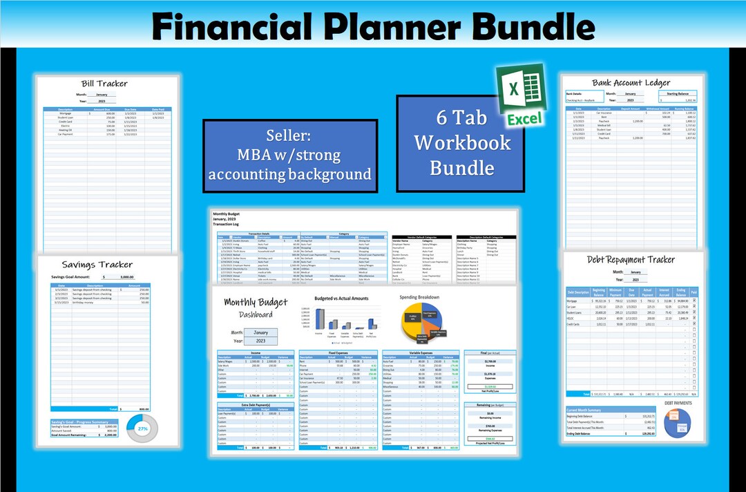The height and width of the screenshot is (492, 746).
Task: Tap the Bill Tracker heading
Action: point(104,84)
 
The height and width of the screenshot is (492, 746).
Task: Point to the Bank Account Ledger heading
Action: point(631,84)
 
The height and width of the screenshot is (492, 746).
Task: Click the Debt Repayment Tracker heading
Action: point(631,260)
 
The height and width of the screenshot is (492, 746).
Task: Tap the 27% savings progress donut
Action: point(144,429)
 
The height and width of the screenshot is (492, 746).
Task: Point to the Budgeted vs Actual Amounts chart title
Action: point(341,299)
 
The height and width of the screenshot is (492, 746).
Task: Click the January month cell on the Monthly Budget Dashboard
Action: point(260,332)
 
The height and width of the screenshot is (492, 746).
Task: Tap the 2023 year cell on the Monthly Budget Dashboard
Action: point(260,341)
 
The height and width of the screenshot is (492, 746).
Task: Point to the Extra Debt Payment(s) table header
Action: point(255,404)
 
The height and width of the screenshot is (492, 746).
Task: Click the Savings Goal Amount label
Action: point(77,276)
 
